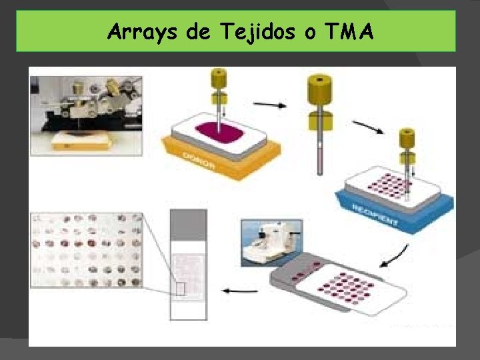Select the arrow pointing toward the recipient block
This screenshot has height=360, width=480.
coord(367,126)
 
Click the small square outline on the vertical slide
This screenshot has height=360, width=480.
coord(180,288)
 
